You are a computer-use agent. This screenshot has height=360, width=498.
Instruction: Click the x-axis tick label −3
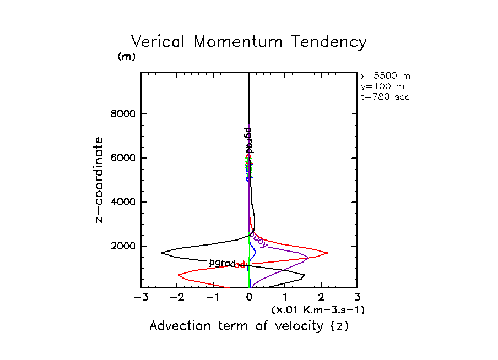pyautogui.click(x=142, y=298)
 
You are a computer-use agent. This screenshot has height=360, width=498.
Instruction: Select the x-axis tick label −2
pyautogui.click(x=177, y=298)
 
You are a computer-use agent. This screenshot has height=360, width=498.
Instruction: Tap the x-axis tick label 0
pyautogui.click(x=250, y=298)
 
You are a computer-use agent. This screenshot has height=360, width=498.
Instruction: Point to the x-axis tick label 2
pyautogui.click(x=321, y=298)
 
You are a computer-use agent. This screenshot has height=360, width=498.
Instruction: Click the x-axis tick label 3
pyautogui.click(x=357, y=298)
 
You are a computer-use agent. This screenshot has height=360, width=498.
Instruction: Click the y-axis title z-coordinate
pyautogui.click(x=100, y=180)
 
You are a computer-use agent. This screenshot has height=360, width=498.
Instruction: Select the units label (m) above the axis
pyautogui.click(x=126, y=57)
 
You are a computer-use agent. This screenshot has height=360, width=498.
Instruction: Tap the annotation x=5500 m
pyautogui.click(x=385, y=76)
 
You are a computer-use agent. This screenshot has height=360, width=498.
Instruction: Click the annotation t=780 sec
pyautogui.click(x=385, y=97)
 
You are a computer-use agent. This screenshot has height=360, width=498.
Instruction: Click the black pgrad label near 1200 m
pyautogui.click(x=222, y=263)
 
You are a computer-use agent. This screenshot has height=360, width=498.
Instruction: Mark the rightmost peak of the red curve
pyautogui.click(x=328, y=253)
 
